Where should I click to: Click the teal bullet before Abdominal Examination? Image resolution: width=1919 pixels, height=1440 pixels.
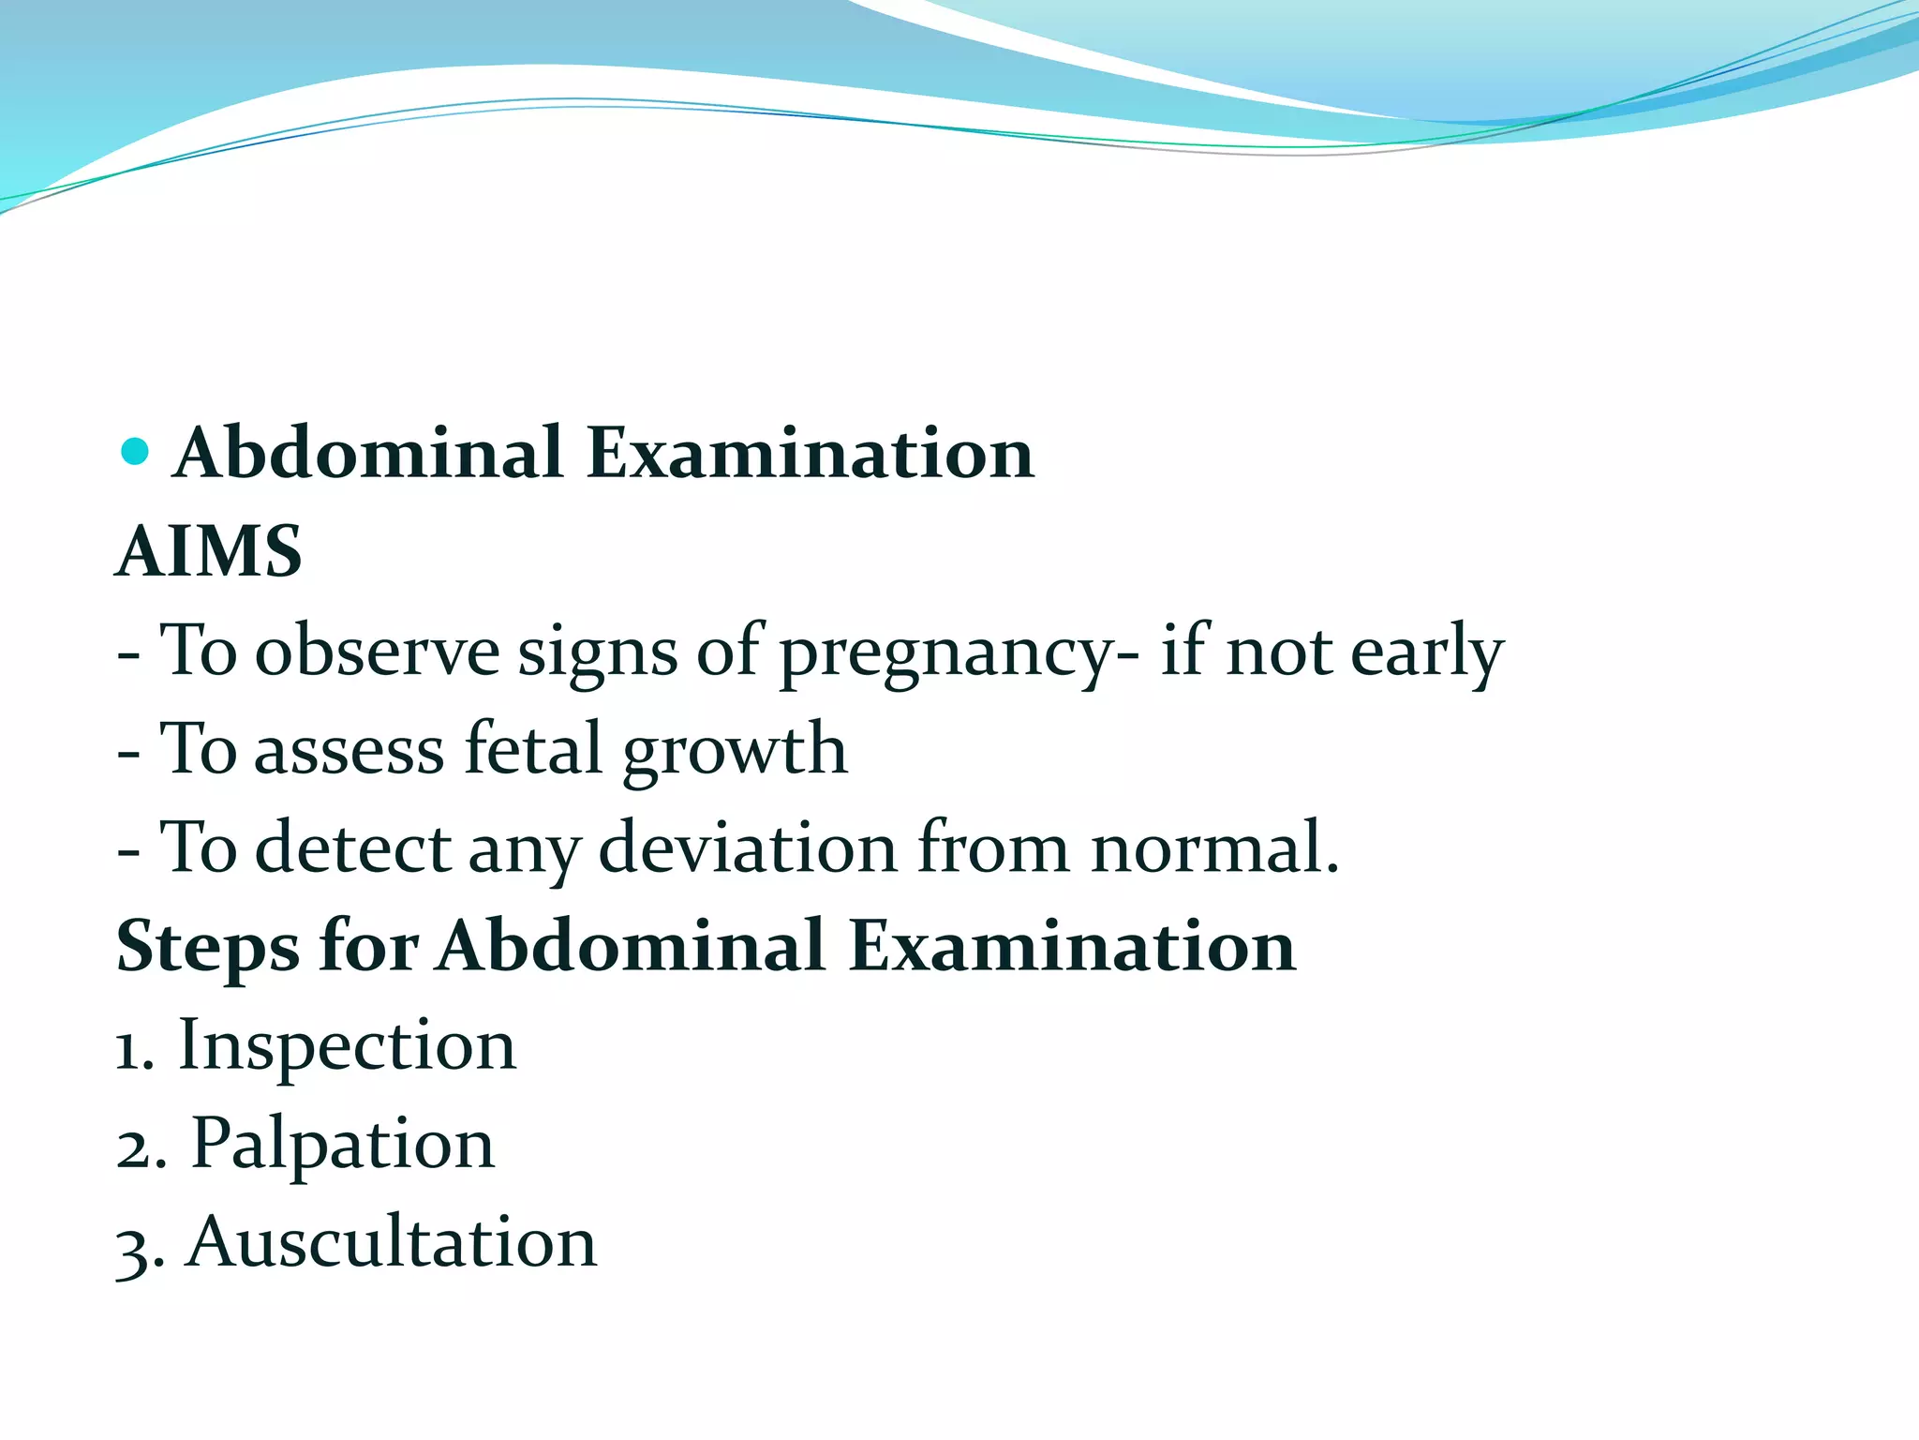(x=135, y=451)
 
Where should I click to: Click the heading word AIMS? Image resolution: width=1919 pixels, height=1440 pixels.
(x=209, y=551)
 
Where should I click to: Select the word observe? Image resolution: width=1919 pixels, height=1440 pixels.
(x=378, y=651)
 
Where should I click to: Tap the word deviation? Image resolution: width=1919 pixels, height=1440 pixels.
(x=747, y=847)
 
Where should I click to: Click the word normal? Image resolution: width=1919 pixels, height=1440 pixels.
(x=1214, y=847)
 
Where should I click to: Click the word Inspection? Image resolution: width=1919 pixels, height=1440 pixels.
(x=347, y=1046)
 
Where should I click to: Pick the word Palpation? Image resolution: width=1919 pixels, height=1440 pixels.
(x=343, y=1145)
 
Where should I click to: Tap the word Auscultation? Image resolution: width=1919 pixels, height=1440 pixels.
(x=392, y=1242)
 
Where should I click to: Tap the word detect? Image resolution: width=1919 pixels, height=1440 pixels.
(x=353, y=847)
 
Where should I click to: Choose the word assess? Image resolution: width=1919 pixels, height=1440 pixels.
(x=349, y=750)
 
